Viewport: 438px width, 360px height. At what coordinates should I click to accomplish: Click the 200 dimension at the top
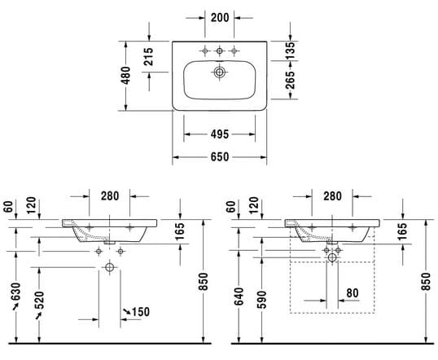pos(220,18)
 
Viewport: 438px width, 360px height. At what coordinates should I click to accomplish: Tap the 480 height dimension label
pos(125,76)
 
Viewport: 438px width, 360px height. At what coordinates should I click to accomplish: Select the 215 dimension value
pos(149,57)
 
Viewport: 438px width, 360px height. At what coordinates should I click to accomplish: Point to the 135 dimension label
pos(291,50)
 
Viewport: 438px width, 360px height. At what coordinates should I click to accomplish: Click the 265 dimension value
pos(291,80)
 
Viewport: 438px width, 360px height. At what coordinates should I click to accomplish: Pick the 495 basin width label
pos(220,134)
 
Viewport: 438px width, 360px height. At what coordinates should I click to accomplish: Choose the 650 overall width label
pos(220,157)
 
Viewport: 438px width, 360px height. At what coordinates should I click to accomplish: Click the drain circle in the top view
pos(220,72)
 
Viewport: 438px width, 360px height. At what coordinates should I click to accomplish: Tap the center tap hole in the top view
pos(220,50)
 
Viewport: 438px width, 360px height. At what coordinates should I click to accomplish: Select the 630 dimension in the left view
pos(16,292)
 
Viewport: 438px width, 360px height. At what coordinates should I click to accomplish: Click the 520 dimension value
pos(39,300)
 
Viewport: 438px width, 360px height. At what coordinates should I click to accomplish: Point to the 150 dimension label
pos(141,312)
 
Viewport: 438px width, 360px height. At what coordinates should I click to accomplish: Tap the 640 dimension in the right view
pos(239,296)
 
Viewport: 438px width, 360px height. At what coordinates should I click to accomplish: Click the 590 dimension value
pos(262,300)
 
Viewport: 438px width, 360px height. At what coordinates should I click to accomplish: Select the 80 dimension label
pos(353,293)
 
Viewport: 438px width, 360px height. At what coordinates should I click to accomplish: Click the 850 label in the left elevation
pos(204,282)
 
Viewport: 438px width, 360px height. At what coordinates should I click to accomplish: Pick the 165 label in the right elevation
pos(402,231)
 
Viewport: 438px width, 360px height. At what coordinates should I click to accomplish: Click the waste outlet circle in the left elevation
pos(109,267)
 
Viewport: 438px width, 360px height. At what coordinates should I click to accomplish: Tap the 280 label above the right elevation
pos(332,196)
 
